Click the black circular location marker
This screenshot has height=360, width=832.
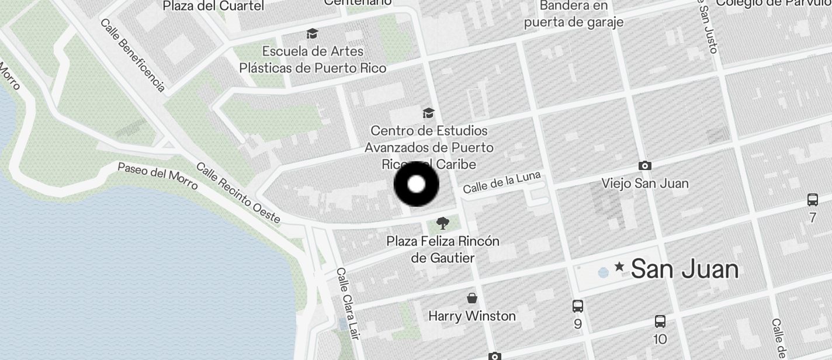coord(416,184)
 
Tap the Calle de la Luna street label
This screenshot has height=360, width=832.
coord(501,182)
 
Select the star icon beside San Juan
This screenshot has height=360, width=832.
coord(619,268)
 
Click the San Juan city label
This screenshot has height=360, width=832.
coord(684,269)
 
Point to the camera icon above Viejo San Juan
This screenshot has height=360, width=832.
coord(645,166)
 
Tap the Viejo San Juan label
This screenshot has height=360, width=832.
coord(645,184)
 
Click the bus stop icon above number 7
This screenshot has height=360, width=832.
coord(812,200)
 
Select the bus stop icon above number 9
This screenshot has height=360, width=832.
coord(578,306)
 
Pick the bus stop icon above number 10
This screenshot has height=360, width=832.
coord(660,321)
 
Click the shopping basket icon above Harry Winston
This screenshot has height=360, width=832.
coord(472,299)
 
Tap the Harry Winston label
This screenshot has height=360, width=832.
coord(472,316)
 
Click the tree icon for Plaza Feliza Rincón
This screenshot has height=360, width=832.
coord(443,223)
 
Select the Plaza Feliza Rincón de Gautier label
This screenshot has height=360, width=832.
coord(443,249)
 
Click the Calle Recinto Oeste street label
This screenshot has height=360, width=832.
coord(238,193)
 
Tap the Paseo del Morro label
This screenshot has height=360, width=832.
coord(158,175)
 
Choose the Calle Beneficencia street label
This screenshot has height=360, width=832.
coord(133,55)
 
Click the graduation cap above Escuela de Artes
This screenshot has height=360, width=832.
coord(313,33)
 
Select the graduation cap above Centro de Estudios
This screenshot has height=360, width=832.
coord(429,113)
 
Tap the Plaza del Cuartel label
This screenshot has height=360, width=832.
coord(213,6)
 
